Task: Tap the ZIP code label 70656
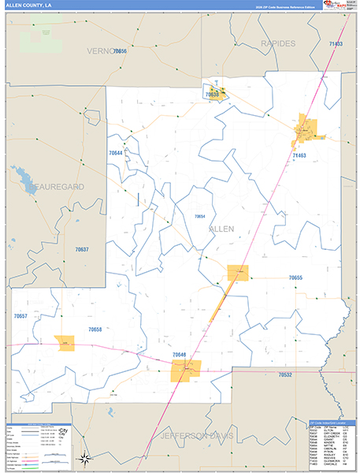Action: coord(120,51)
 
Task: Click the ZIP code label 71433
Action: coord(336,43)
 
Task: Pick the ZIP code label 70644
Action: coord(116,153)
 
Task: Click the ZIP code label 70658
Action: coord(95,329)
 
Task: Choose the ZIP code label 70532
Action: coord(285,375)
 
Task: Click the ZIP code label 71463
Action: coord(299,156)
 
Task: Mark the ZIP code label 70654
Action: coord(199,216)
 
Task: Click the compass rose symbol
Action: coord(84,459)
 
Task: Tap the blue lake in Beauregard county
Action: coord(20,175)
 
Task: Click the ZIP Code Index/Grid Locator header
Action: coord(330,423)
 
